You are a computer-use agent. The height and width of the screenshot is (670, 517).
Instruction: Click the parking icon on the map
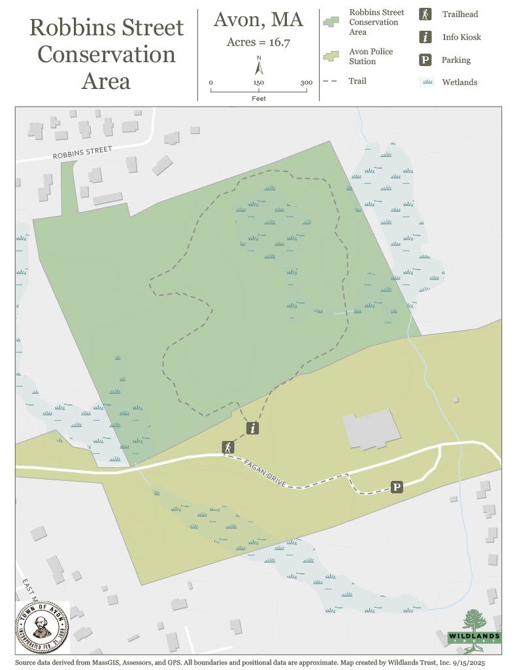click(x=396, y=487)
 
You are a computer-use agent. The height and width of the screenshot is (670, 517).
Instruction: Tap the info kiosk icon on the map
click(x=253, y=429)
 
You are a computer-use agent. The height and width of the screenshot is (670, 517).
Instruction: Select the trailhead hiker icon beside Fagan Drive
click(x=227, y=448)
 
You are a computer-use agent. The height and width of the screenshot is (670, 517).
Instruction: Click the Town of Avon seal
click(x=41, y=628)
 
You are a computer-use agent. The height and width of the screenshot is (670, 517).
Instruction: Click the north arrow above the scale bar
click(x=259, y=67)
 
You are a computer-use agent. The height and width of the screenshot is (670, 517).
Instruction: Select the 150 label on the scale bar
click(x=259, y=83)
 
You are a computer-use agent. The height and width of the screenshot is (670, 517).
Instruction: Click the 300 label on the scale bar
click(x=306, y=83)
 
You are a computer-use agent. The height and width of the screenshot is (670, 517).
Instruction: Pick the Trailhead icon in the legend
click(x=425, y=14)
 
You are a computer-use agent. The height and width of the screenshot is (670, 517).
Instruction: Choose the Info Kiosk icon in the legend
click(x=425, y=37)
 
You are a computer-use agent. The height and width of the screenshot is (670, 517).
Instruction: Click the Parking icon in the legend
click(x=425, y=60)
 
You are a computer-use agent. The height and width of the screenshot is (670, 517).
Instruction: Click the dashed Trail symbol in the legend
click(x=333, y=81)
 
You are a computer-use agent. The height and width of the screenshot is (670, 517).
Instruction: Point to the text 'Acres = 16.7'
click(x=258, y=43)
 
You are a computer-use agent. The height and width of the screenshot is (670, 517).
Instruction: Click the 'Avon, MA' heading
click(x=258, y=20)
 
